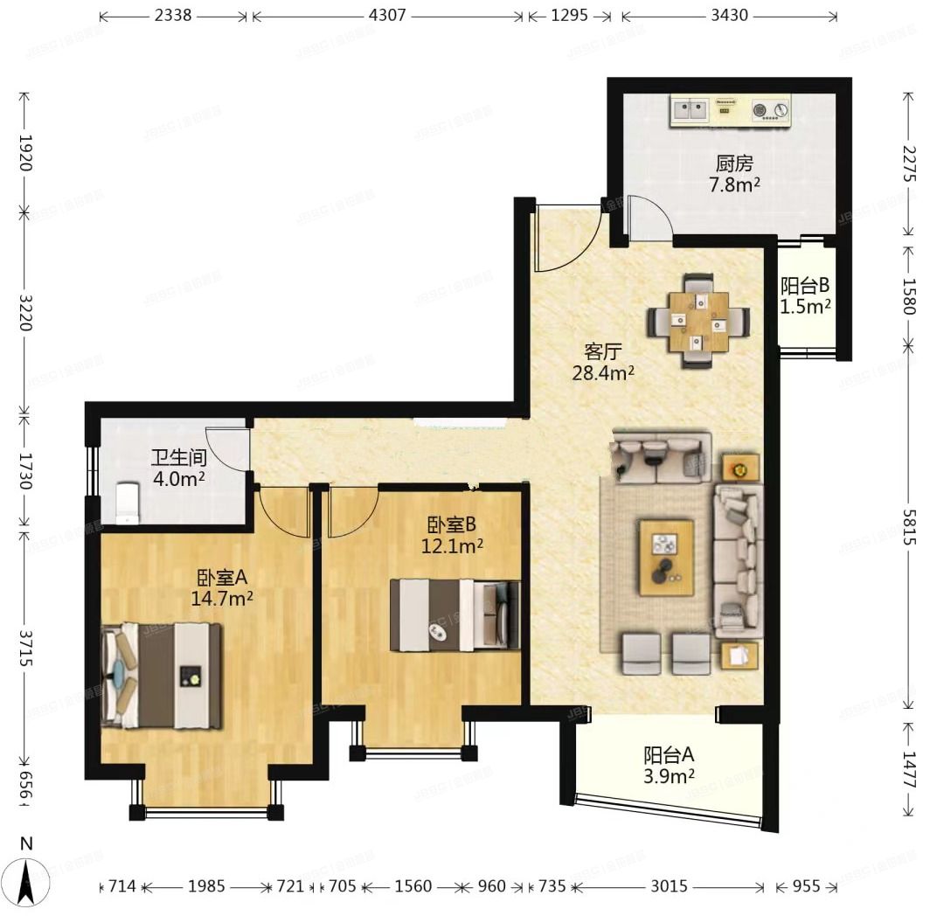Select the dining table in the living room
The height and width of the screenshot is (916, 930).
pos(699,322)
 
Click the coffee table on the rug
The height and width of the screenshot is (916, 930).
pos(666,557)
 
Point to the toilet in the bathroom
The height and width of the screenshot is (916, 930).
pos(128,503)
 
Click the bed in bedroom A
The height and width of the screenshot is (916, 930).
pos(162,676)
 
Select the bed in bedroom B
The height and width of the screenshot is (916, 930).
pos(455,615)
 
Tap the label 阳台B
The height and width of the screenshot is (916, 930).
pos(805,286)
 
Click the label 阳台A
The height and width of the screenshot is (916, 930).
pos(670,754)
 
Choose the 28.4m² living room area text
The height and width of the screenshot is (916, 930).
pos(602,373)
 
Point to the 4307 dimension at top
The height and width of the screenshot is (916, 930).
pos(386,16)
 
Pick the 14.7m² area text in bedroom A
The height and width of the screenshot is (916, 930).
pos(222,598)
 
